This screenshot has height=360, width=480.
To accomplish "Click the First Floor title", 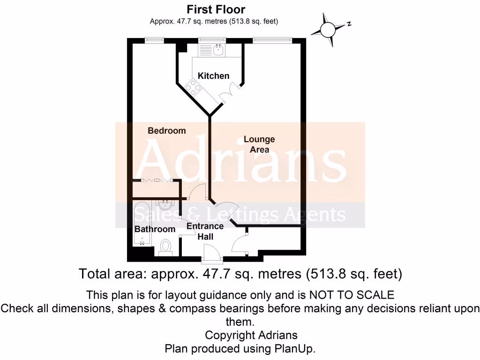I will pyautogui.click(x=216, y=9).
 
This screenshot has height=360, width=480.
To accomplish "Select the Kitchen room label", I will pyautogui.click(x=213, y=76).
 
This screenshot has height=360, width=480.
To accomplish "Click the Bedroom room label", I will pyautogui.click(x=167, y=131).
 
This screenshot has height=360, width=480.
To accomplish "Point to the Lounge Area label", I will pyautogui.click(x=259, y=144).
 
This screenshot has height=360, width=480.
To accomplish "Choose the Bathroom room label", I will pyautogui.click(x=155, y=229).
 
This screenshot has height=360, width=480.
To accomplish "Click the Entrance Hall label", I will pyautogui.click(x=205, y=232).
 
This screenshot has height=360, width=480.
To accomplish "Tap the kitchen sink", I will pyautogui.click(x=218, y=49).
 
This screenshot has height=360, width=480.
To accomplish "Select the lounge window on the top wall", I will pyautogui.click(x=272, y=41).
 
